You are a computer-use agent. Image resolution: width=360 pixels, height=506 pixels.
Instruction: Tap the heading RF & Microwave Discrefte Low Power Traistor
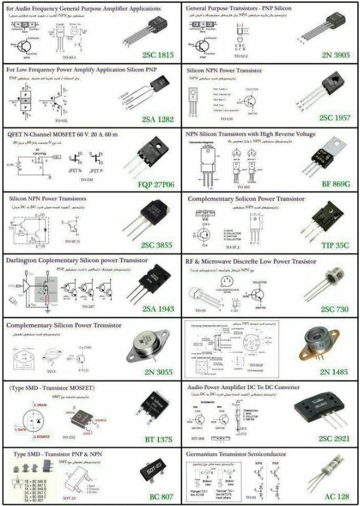252,262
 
